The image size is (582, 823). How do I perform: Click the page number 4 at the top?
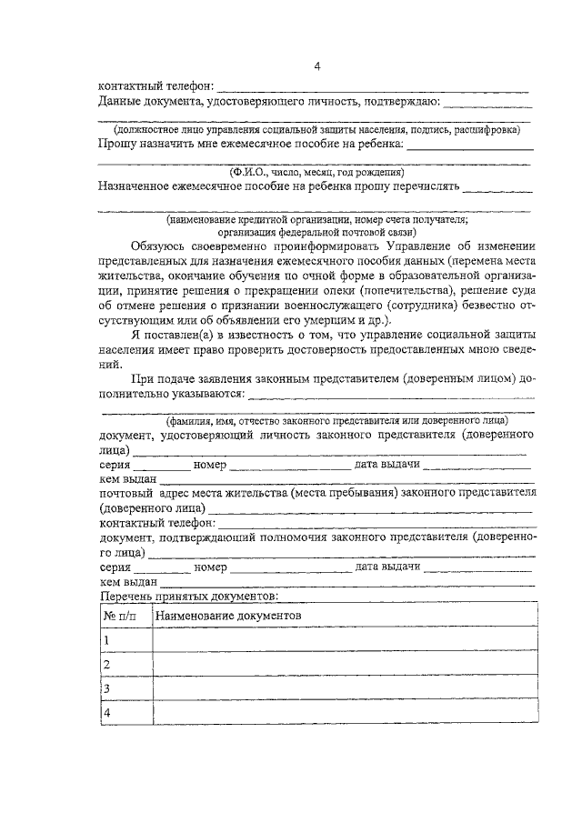coord(316,65)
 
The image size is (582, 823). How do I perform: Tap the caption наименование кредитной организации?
coord(316,219)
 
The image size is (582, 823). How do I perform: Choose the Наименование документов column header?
coord(228,616)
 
